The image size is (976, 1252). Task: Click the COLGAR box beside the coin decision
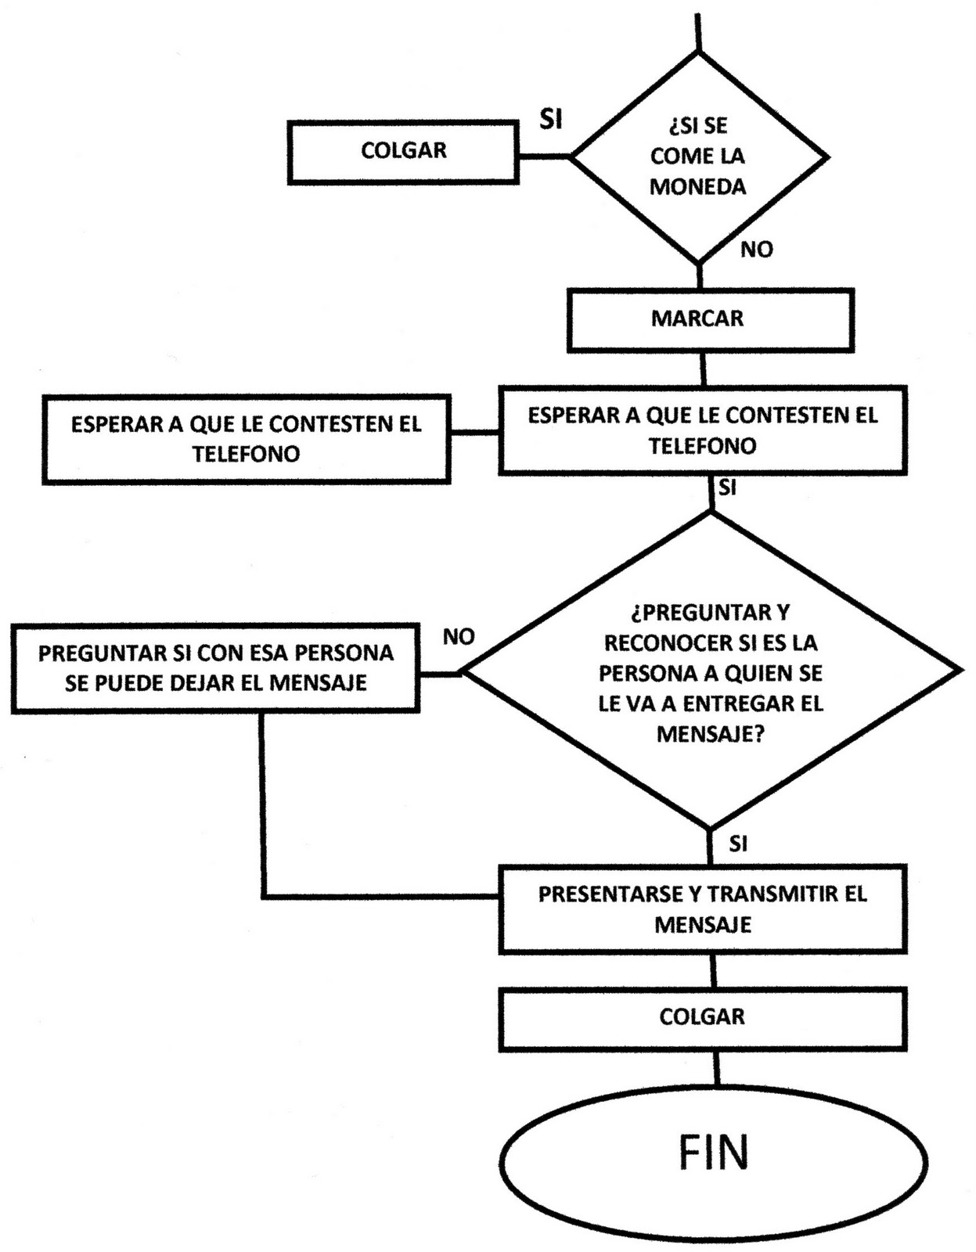pyautogui.click(x=403, y=152)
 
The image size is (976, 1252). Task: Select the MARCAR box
pyautogui.click(x=709, y=319)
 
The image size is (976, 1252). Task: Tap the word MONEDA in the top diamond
pyautogui.click(x=697, y=187)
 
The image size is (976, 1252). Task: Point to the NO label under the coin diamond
pyautogui.click(x=756, y=250)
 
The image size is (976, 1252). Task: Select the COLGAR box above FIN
pyautogui.click(x=702, y=1018)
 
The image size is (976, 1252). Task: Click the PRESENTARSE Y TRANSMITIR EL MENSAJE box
pyautogui.click(x=702, y=909)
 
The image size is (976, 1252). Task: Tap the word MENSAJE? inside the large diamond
pyautogui.click(x=710, y=734)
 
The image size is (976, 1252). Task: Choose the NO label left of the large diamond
pyautogui.click(x=459, y=637)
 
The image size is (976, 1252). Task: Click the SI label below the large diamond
pyautogui.click(x=737, y=844)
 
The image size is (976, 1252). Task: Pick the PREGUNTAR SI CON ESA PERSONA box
pyautogui.click(x=215, y=668)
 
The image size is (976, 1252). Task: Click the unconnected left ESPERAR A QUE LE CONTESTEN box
pyautogui.click(x=246, y=439)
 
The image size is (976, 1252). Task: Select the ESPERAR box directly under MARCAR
pyautogui.click(x=702, y=430)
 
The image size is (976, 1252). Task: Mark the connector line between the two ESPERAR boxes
pyautogui.click(x=474, y=432)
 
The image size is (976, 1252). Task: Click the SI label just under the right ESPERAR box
pyautogui.click(x=727, y=488)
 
